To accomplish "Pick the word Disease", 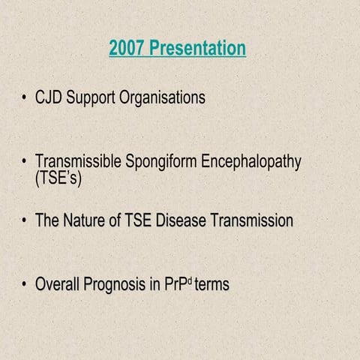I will point(181,220).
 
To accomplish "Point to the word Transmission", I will point(252,220).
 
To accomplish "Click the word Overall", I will point(59,284).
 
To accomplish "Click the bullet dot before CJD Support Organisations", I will point(25,98).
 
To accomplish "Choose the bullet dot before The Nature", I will point(25,221).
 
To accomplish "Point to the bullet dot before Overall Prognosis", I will point(25,285).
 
